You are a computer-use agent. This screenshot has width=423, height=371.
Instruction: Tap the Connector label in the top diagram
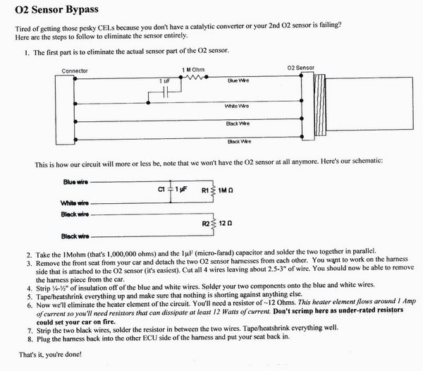coord(76,71)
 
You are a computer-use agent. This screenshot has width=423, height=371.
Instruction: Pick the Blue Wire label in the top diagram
coord(238,81)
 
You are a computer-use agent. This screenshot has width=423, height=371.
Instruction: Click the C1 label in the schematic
coord(161,190)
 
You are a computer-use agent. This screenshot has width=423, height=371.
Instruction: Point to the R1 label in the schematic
coord(207,190)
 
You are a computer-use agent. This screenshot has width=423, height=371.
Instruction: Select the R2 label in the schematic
coord(207,224)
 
